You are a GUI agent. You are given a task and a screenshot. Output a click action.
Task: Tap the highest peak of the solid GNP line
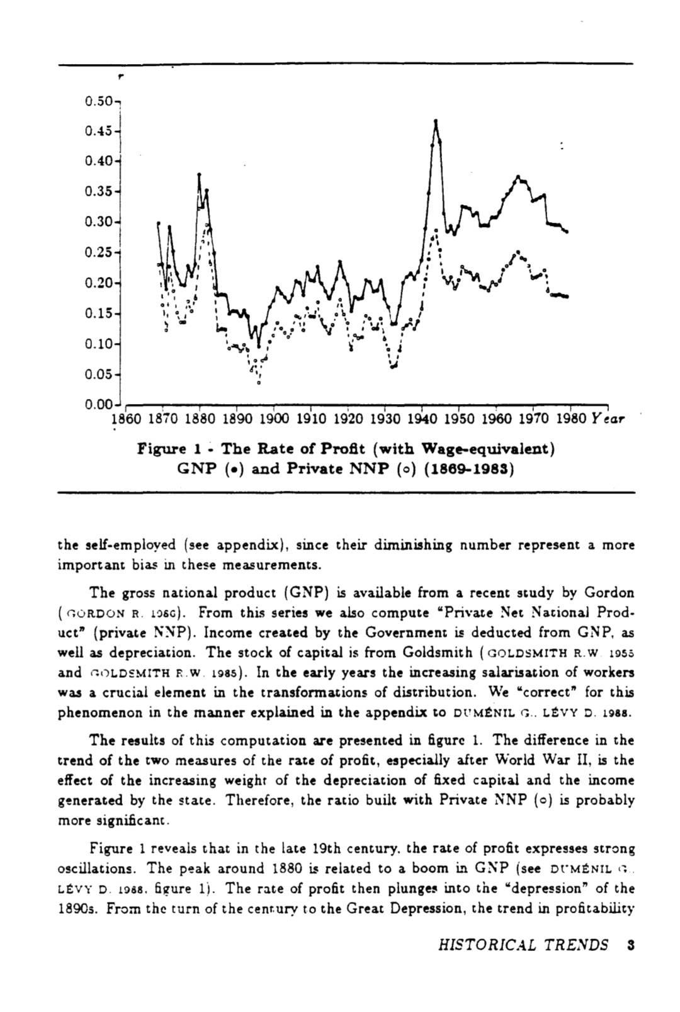436,120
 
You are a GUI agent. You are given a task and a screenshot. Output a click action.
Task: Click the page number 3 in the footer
630,945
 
